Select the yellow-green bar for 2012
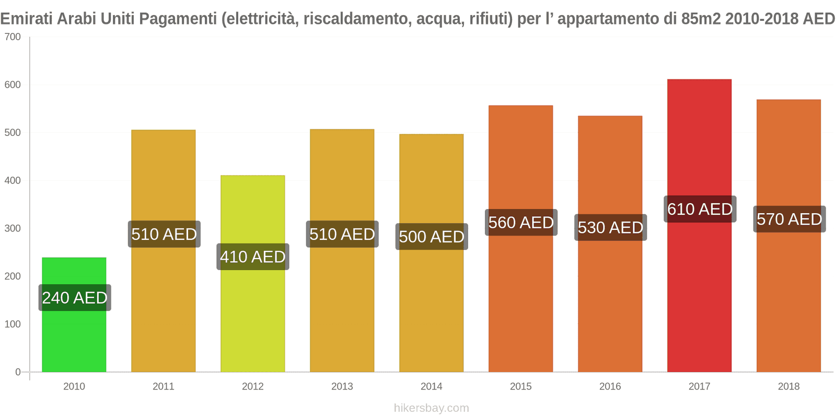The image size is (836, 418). click(253, 313)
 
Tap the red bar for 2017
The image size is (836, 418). click(699, 287)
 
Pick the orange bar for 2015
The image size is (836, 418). click(520, 303)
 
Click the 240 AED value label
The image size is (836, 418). click(75, 298)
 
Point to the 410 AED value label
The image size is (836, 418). click(253, 257)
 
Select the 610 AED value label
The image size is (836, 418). click(700, 209)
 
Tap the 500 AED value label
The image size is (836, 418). click(432, 237)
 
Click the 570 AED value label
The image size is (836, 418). click(789, 219)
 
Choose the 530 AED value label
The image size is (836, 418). click(610, 227)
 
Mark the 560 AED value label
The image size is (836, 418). click(521, 223)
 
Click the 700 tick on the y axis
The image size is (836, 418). click(13, 37)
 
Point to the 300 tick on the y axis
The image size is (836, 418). click(13, 228)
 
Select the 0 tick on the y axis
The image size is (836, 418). click(18, 372)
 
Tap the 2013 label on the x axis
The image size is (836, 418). click(342, 386)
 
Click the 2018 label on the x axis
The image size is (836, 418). click(788, 386)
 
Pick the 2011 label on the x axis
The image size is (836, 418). click(164, 386)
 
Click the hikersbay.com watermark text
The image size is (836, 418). click(432, 408)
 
